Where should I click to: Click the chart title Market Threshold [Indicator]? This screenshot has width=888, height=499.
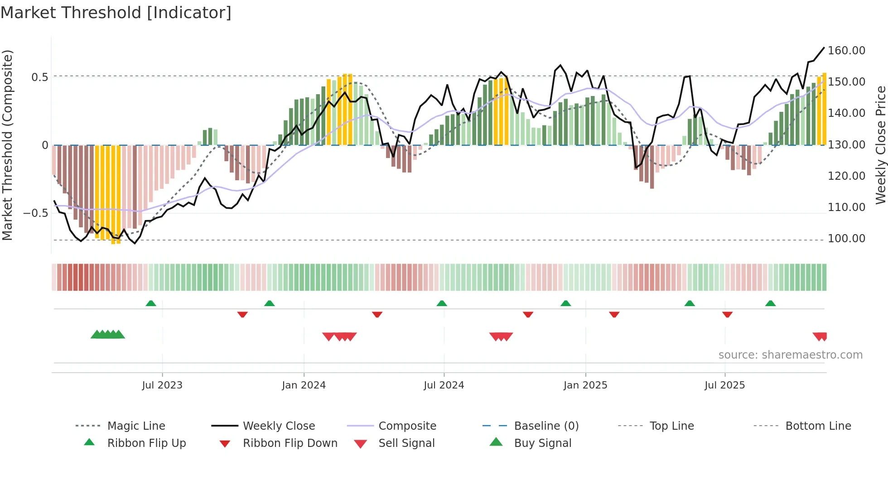116,13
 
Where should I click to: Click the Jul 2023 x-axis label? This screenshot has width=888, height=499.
162,385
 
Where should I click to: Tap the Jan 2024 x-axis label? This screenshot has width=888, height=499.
304,385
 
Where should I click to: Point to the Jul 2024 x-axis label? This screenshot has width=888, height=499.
444,385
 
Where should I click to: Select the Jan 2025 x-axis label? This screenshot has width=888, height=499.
585,385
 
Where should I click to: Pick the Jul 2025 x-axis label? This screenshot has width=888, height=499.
724,385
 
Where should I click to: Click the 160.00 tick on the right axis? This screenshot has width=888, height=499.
846,51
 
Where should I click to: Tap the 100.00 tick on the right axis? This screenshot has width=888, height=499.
846,239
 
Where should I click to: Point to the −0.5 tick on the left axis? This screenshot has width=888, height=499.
35,213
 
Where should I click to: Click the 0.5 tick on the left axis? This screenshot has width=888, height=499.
39,77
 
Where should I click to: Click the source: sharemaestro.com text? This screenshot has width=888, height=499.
790,355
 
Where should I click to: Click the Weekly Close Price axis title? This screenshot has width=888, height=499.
880,145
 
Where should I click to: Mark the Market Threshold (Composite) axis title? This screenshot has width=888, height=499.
7,145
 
